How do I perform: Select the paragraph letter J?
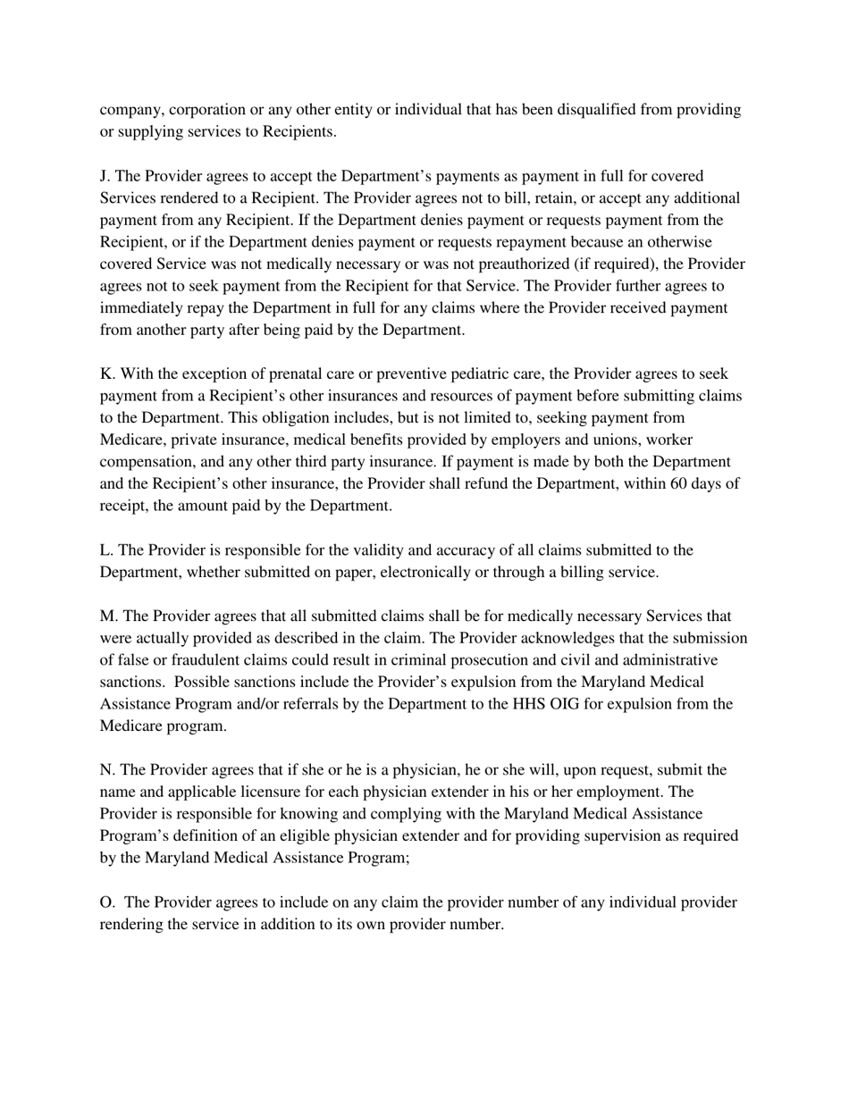click(x=105, y=176)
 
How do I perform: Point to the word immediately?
click(x=144, y=308)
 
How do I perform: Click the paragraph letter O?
click(x=106, y=902)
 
